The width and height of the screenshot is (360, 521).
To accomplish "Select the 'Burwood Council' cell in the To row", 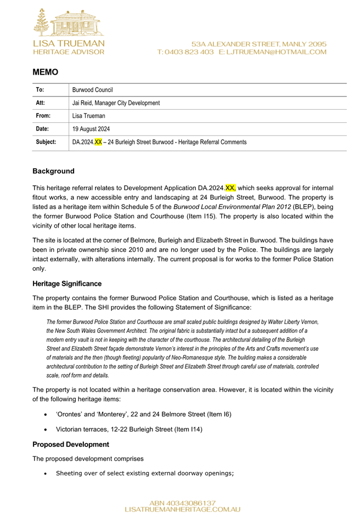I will coord(93,90).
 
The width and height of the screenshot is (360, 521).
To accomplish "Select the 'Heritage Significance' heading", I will coord(71,285).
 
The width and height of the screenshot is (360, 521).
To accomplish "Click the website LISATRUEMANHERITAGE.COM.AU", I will coord(183,509).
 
